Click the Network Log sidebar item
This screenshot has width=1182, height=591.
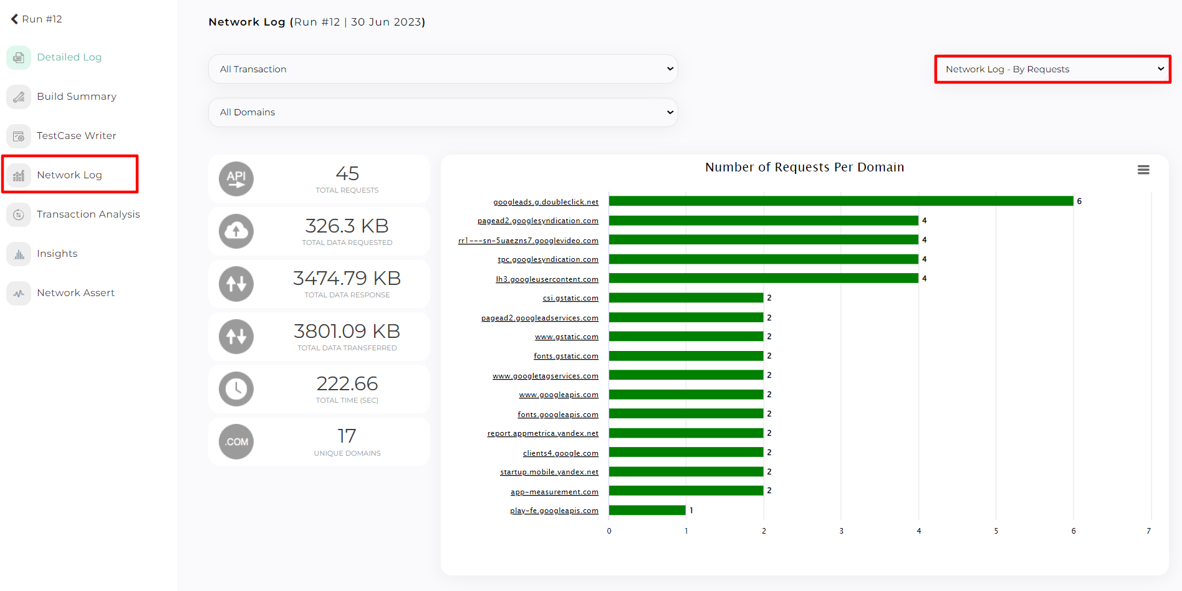69,175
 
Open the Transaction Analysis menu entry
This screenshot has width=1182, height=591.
88,214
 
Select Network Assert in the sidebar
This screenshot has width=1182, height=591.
75,293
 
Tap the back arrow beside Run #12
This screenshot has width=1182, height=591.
14,19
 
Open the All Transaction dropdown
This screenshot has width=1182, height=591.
443,69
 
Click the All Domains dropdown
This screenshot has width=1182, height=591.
443,112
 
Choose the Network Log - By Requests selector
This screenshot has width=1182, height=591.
1052,69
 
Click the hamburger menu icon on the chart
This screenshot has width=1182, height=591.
1143,170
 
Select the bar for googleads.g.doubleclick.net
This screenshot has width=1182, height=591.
840,201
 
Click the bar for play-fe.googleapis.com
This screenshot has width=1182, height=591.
647,510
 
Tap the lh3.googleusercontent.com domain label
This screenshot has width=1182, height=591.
547,279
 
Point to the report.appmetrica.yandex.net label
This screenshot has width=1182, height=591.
542,433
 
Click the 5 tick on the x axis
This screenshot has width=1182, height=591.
996,531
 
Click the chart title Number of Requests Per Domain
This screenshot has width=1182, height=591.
804,167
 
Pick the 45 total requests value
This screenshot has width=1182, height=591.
347,173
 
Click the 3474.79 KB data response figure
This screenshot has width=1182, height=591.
347,278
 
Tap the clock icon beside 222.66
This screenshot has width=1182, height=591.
236,389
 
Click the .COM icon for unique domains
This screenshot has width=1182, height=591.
236,442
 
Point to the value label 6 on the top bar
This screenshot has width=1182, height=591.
1079,201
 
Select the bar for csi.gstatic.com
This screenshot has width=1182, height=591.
686,297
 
